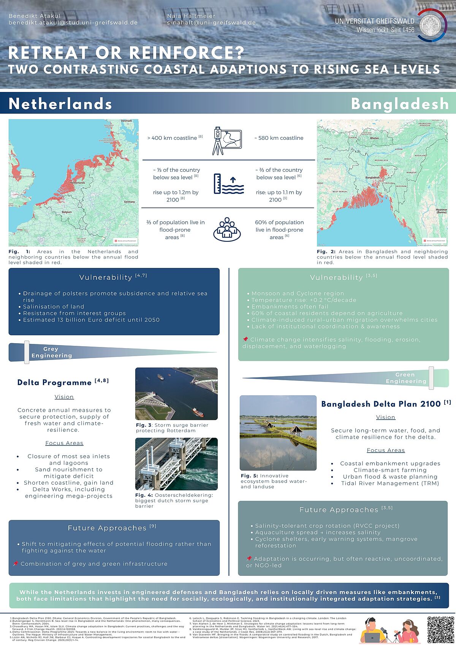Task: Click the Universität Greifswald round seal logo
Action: [x=432, y=25]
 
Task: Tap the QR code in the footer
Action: [x=440, y=630]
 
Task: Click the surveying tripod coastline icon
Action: [x=226, y=141]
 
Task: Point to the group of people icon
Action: [x=227, y=229]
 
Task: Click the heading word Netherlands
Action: [x=60, y=104]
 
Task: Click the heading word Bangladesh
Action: [x=400, y=104]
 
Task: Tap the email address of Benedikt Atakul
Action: [x=73, y=23]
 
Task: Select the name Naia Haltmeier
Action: [x=191, y=16]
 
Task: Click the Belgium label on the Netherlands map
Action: [x=66, y=212]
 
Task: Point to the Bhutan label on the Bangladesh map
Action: [x=374, y=138]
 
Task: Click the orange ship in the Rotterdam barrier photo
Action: [x=197, y=412]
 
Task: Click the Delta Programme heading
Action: [x=54, y=383]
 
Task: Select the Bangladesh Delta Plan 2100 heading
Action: [x=381, y=404]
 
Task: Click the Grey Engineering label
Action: [x=51, y=352]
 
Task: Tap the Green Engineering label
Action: [x=405, y=378]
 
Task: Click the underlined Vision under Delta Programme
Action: [x=64, y=397]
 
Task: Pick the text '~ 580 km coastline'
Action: [x=279, y=138]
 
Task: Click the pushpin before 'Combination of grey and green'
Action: [x=16, y=564]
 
